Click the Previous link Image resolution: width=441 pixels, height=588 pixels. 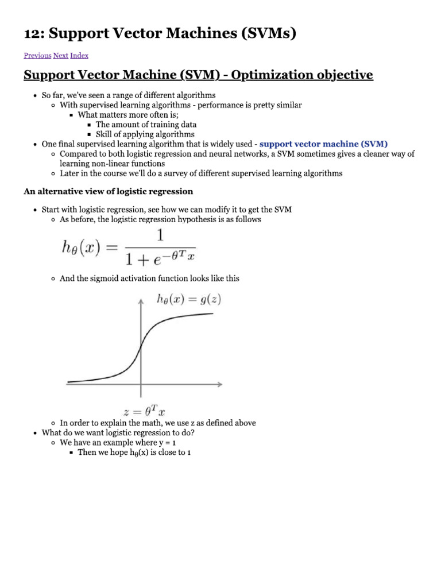pos(37,56)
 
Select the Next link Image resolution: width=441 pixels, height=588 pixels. pos(60,56)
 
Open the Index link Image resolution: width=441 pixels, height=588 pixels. pos(79,56)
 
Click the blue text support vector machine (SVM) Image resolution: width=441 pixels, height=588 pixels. pos(324,144)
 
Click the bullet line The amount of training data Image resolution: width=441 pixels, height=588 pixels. pos(146,125)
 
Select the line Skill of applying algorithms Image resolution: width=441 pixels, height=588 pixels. pos(145,134)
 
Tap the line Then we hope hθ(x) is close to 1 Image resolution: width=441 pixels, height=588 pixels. pos(134,453)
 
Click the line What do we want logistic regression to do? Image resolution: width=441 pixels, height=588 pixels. pos(118,433)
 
